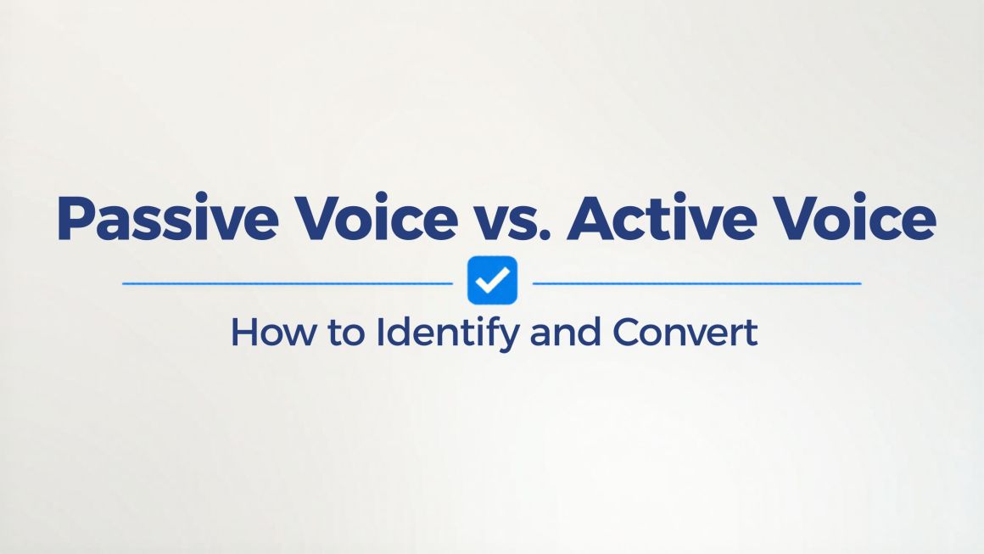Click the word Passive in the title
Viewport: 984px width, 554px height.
(168, 218)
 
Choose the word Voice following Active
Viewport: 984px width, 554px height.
(855, 218)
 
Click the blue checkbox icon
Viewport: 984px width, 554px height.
(493, 280)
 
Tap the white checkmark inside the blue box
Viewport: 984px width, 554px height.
(493, 281)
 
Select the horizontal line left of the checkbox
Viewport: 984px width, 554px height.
(288, 283)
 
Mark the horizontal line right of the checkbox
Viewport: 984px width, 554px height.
(696, 283)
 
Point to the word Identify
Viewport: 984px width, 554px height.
(447, 333)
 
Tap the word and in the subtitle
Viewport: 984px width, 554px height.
(566, 332)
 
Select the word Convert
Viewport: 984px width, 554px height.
(685, 333)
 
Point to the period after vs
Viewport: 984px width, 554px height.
(544, 236)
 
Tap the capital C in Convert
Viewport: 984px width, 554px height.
(627, 333)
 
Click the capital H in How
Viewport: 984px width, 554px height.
(245, 333)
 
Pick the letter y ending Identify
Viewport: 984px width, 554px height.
(510, 339)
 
